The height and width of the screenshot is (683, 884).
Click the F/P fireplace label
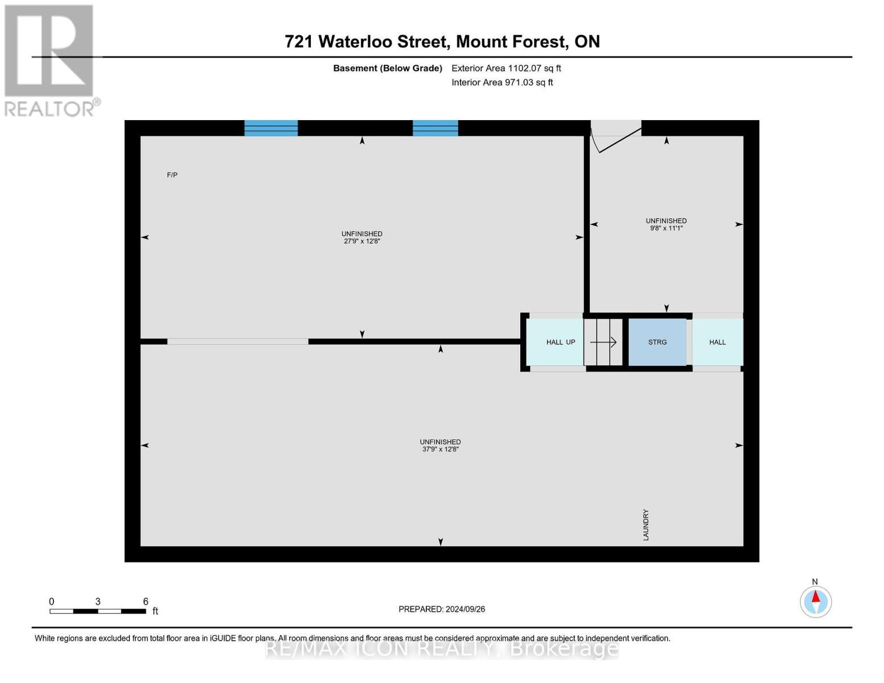click(172, 175)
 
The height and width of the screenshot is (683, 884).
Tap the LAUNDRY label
click(646, 525)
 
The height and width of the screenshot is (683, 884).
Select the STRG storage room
click(657, 342)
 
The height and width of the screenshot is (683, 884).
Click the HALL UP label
click(561, 342)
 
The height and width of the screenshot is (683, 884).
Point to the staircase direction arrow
click(603, 342)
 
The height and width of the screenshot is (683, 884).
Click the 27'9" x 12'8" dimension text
click(361, 241)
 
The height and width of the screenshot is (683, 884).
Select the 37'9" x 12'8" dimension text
click(440, 450)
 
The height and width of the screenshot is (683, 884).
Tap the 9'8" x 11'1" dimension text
click(666, 228)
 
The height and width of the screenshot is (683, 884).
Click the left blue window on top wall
click(271, 128)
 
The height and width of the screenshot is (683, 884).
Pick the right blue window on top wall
click(435, 128)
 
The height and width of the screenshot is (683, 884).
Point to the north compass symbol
click(816, 601)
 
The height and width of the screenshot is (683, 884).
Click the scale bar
click(97, 611)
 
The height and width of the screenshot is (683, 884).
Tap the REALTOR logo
click(50, 60)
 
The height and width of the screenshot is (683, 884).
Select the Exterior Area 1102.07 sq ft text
click(506, 68)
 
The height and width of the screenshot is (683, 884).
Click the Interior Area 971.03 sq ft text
click(502, 83)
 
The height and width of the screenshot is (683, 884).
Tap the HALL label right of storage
click(717, 342)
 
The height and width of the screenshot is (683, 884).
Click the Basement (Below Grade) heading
click(388, 68)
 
